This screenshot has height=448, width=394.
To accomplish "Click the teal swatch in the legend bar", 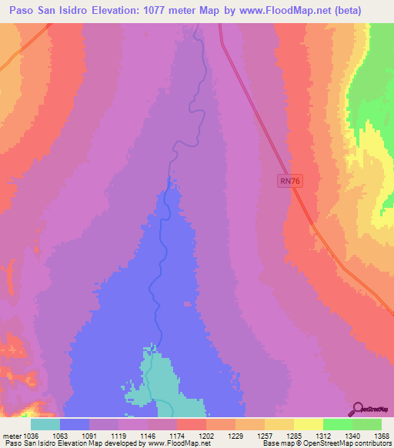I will [x=45, y=424].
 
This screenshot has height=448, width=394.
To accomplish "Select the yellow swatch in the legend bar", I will [x=308, y=424].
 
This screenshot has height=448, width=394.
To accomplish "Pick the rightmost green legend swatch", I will [x=367, y=424].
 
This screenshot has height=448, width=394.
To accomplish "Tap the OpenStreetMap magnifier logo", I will [x=356, y=408].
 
